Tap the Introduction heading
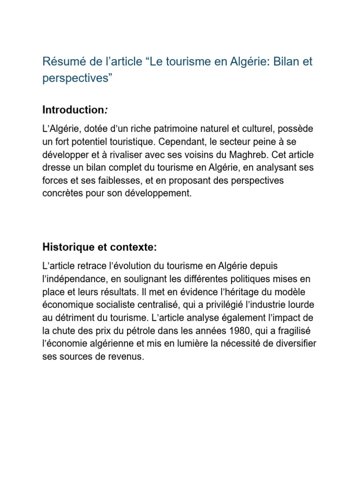point(74,110)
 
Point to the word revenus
point(124,357)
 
